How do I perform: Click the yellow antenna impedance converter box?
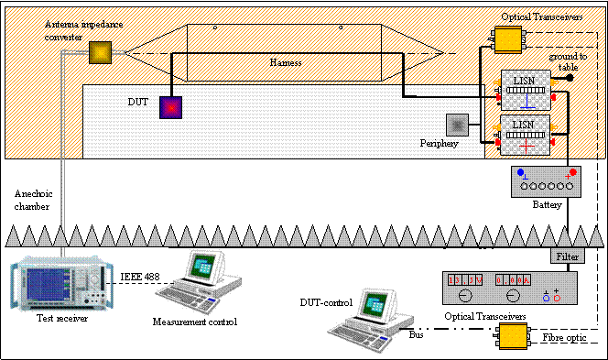point(99,53)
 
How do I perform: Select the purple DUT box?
point(171,107)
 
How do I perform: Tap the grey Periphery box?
point(456,125)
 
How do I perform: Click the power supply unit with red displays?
point(511,288)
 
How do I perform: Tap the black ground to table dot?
point(569,79)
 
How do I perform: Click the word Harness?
point(286,62)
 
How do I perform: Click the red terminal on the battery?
point(574,172)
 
